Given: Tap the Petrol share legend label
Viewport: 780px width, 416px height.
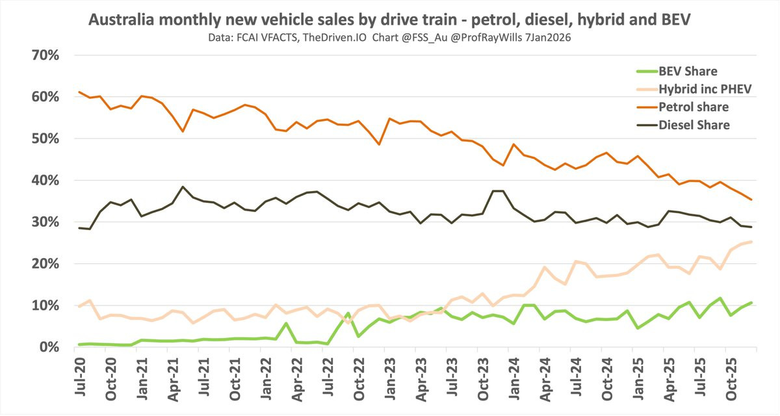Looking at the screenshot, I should tap(692, 107).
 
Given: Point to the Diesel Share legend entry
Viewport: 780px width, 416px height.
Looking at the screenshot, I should tap(692, 125).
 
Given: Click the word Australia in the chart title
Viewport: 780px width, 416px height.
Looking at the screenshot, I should tap(120, 21).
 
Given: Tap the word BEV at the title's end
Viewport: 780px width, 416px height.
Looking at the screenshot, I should tap(676, 21).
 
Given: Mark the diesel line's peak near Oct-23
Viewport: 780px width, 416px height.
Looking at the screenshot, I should tap(495, 190).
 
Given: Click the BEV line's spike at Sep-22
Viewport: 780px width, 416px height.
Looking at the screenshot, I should tap(348, 313).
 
